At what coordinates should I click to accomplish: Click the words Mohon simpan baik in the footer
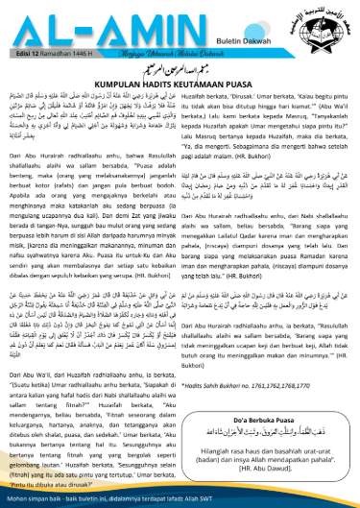tap(36, 499)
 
